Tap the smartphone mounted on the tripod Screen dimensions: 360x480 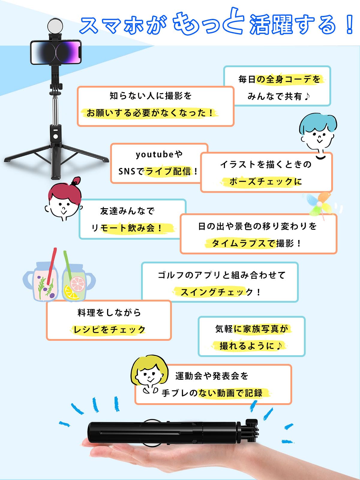coord(56,52)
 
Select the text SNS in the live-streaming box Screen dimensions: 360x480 coord(127,171)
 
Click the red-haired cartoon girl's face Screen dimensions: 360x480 coord(64,204)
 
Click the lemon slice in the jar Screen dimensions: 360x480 coord(71,292)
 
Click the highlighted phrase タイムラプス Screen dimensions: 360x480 coord(239,243)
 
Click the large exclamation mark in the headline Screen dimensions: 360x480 coord(349,25)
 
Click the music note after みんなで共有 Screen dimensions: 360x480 coord(307,96)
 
